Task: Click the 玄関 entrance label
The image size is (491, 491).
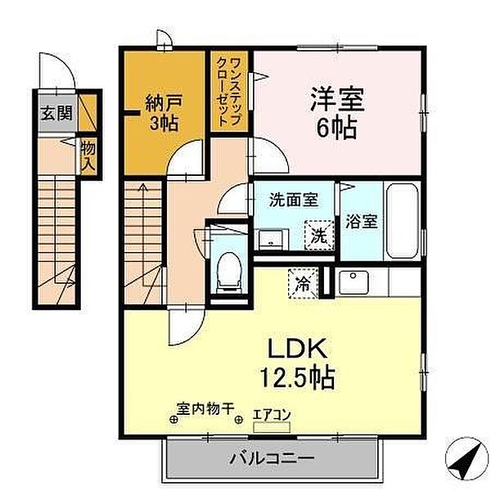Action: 56,113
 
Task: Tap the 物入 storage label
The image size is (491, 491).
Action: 88,156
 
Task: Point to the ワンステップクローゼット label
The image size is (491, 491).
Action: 229,92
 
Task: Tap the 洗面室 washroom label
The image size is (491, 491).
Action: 294,200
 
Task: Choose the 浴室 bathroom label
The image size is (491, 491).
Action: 362,222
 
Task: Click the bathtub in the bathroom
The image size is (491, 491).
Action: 403,221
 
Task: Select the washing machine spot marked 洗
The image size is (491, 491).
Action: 319,235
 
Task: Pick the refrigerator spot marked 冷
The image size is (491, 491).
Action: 303,284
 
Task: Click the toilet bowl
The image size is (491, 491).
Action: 230,273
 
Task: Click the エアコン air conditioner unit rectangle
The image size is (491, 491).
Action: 272,427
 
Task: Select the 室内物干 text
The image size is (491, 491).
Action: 205,408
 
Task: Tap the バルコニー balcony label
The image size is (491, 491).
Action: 272,459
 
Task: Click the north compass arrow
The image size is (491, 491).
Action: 466,459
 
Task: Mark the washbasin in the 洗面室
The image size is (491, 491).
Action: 271,240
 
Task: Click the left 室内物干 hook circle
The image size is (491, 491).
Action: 173,420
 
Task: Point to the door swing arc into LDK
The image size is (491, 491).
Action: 196,334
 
